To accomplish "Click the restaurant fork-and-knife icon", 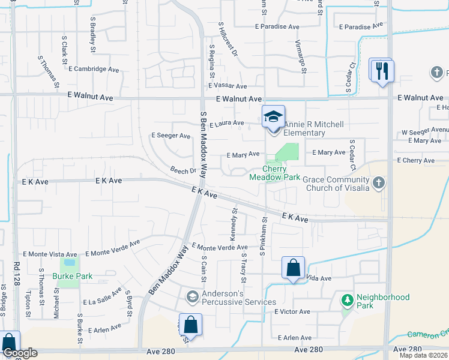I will pos(381,70).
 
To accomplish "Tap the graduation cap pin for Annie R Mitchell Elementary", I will pos(274,116).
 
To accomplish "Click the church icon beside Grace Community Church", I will pos(378,182).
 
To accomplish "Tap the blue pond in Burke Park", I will pos(70,262).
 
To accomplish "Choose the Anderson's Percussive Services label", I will pos(239,298).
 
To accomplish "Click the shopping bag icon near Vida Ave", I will pos(294,268).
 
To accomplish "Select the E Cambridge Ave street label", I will pos(93,69).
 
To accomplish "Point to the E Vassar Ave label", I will pos(226,87).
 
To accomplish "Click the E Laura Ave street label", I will pos(226,124).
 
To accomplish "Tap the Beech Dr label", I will pos(184,170).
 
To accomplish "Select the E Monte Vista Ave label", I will pos(50,254).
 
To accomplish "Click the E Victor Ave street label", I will pos(292,312).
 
